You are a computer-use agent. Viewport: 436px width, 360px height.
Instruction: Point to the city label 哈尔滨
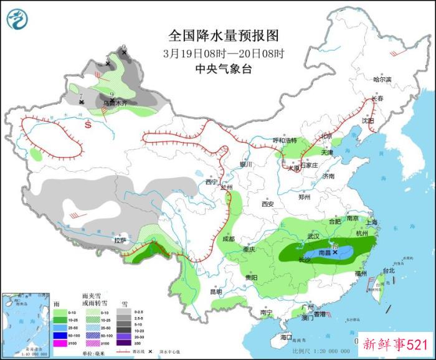382,80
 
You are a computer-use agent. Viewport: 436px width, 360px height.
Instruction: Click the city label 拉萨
120,240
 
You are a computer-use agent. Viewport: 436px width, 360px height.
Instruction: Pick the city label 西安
268,204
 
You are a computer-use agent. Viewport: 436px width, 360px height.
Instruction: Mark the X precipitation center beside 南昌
335,252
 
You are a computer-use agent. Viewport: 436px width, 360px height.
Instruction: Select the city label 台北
389,271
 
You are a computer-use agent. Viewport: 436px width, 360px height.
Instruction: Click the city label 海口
286,337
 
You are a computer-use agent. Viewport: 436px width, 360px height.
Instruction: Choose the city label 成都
227,239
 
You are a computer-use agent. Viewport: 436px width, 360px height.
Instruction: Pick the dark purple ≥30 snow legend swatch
126,343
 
